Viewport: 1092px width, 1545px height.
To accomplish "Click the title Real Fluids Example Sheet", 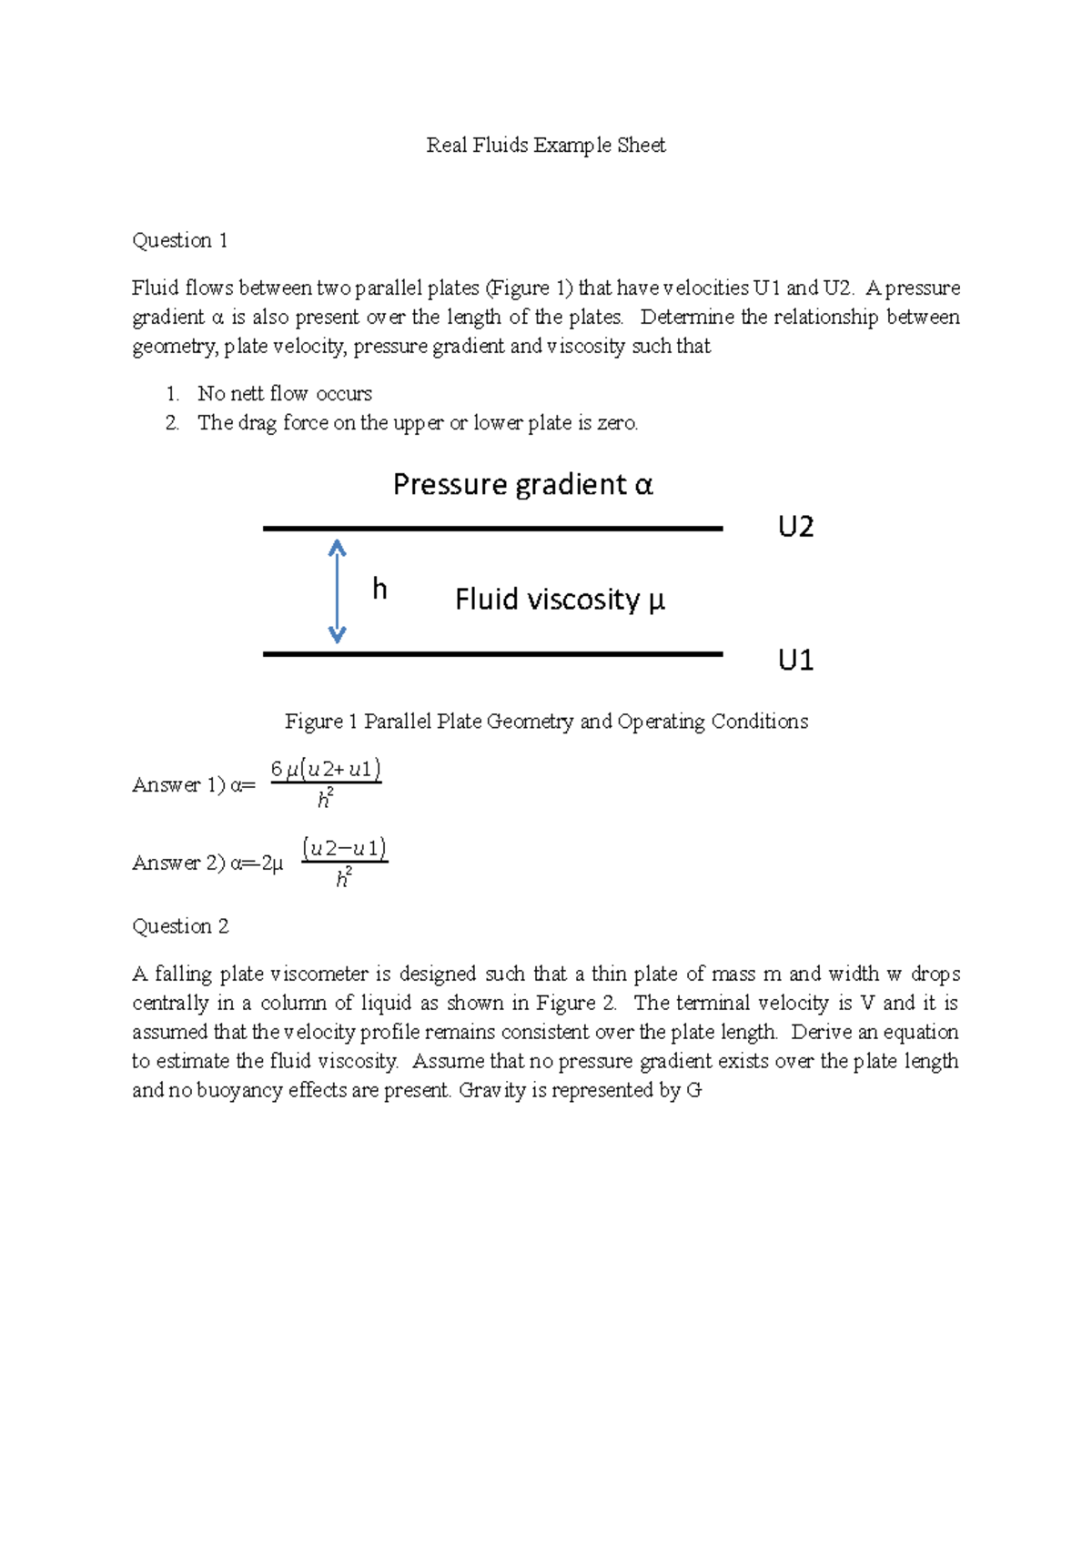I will pos(546,146).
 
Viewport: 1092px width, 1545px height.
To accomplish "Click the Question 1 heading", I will pos(180,240).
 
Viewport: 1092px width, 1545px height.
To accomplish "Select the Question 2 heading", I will pos(180,926).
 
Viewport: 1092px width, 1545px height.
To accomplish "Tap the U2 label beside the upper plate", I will pos(795,527).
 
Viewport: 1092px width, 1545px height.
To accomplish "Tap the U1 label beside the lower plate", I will pos(795,660).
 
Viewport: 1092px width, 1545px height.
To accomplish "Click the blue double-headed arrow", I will pos(337,591).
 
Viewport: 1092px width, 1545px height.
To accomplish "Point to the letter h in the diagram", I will pos(379,590).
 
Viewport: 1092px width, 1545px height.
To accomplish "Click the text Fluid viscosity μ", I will pos(560,600).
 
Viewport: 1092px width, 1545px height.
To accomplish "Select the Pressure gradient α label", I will pos(522,484).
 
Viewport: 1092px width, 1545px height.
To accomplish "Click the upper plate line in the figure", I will pos(492,528).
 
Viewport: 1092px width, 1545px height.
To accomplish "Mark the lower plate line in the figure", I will pos(492,653).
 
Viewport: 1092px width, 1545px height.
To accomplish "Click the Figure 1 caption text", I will pos(546,722).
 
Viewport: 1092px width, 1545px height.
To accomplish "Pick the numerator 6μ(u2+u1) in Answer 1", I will pos(326,770).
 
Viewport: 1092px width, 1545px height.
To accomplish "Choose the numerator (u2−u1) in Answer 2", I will pos(344,849).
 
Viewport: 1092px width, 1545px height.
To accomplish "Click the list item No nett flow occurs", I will pos(285,394).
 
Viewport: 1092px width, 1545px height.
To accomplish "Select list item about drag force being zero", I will pos(418,423).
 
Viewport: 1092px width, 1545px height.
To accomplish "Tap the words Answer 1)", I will pos(178,785).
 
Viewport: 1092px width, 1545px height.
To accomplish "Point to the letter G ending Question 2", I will pos(694,1090).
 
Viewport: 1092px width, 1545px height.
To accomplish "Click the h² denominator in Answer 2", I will pos(344,878).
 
